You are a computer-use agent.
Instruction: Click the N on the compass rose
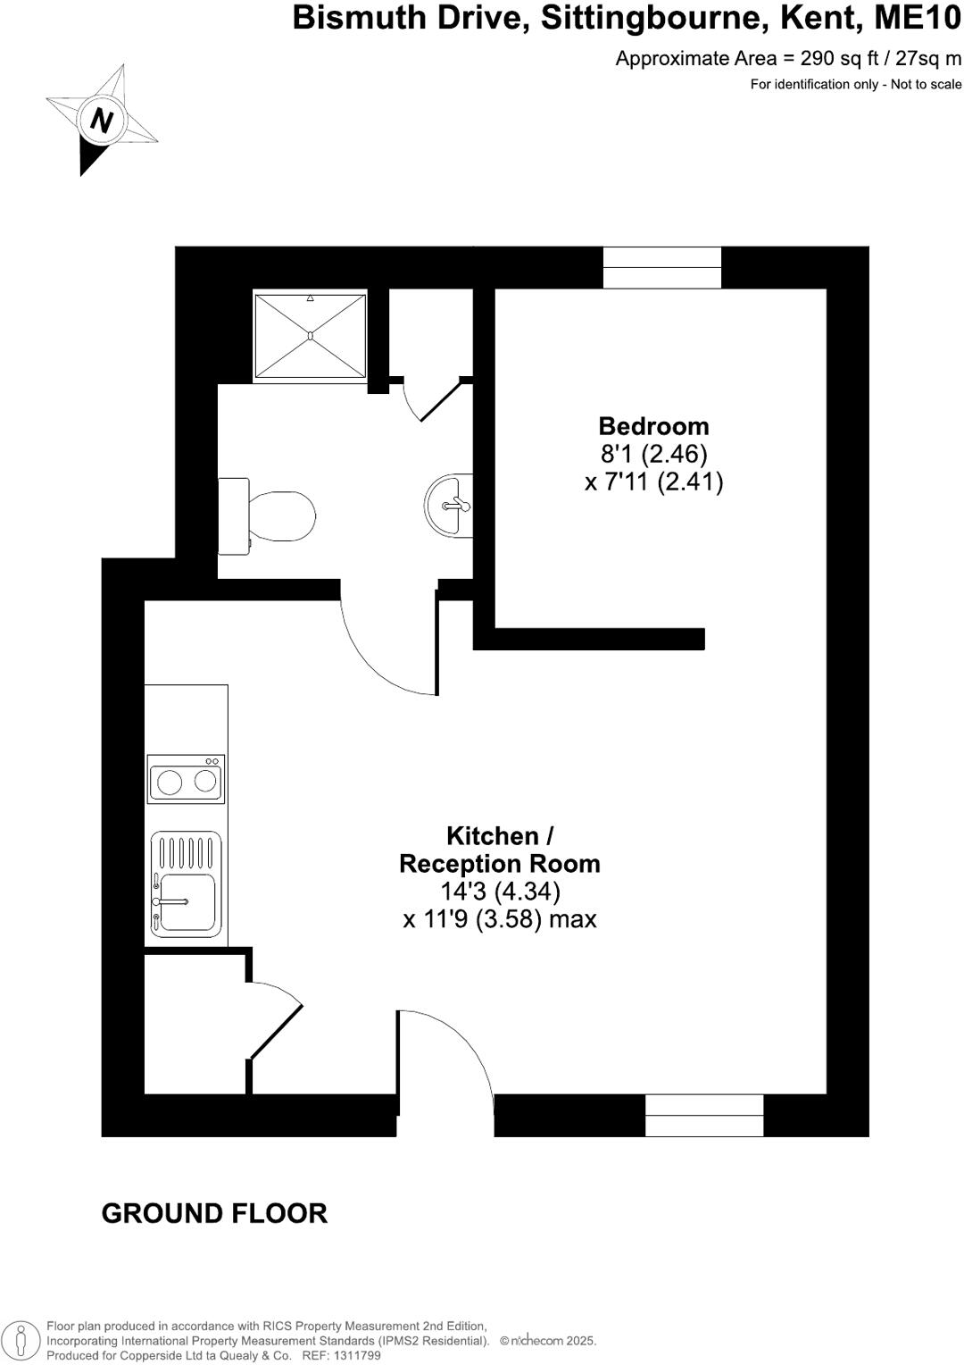click(x=102, y=120)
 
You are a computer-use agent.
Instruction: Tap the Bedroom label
click(x=653, y=426)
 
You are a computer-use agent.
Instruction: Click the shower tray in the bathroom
click(x=310, y=335)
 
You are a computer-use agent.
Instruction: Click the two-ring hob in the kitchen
click(x=186, y=779)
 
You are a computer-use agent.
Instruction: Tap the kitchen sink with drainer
click(x=186, y=884)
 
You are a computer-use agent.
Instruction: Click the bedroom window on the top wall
click(x=661, y=267)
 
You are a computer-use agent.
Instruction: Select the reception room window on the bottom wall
click(x=704, y=1115)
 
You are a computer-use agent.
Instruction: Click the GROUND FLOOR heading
click(x=214, y=1213)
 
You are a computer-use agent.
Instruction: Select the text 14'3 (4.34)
click(x=500, y=892)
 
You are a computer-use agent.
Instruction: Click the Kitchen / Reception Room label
click(x=500, y=850)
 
